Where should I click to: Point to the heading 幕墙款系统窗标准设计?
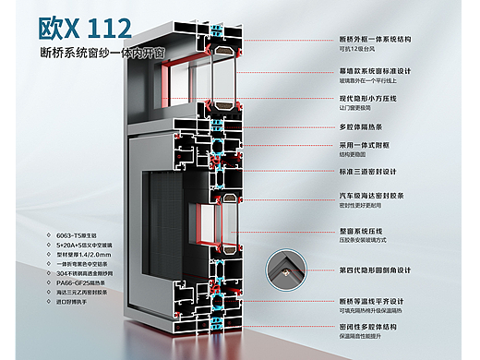pyautogui.click(x=377, y=70)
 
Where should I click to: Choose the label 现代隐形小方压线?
pyautogui.click(x=370, y=98)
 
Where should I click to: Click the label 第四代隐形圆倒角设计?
pyautogui.click(x=377, y=270)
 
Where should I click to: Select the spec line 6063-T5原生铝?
pyautogui.click(x=78, y=235)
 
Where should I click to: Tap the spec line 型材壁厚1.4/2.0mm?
pyautogui.click(x=90, y=254)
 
